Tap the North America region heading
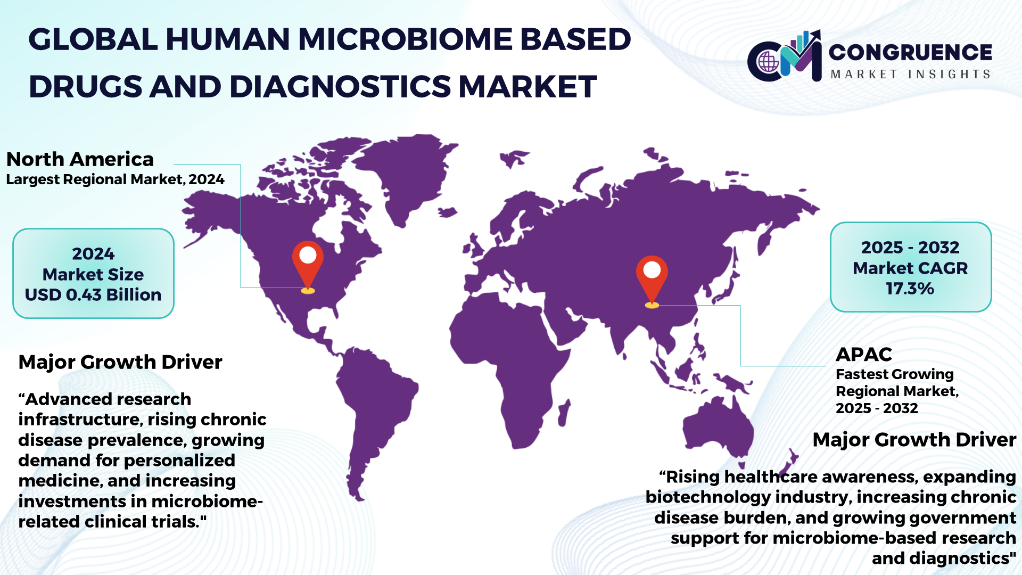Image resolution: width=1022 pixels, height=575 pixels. [80, 159]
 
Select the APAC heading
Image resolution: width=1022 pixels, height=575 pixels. [864, 354]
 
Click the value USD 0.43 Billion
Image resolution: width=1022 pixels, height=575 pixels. [93, 294]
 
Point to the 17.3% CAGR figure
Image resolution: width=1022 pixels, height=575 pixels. [910, 289]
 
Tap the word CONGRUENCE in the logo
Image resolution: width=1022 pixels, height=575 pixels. [910, 52]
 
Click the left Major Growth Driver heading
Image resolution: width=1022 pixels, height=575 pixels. [120, 362]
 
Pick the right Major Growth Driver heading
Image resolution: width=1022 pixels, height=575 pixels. [914, 440]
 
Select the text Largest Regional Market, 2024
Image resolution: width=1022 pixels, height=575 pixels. [115, 179]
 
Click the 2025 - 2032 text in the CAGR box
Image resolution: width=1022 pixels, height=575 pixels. [910, 248]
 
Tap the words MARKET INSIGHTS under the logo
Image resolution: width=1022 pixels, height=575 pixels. [910, 74]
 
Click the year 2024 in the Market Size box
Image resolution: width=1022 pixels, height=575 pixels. [93, 254]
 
